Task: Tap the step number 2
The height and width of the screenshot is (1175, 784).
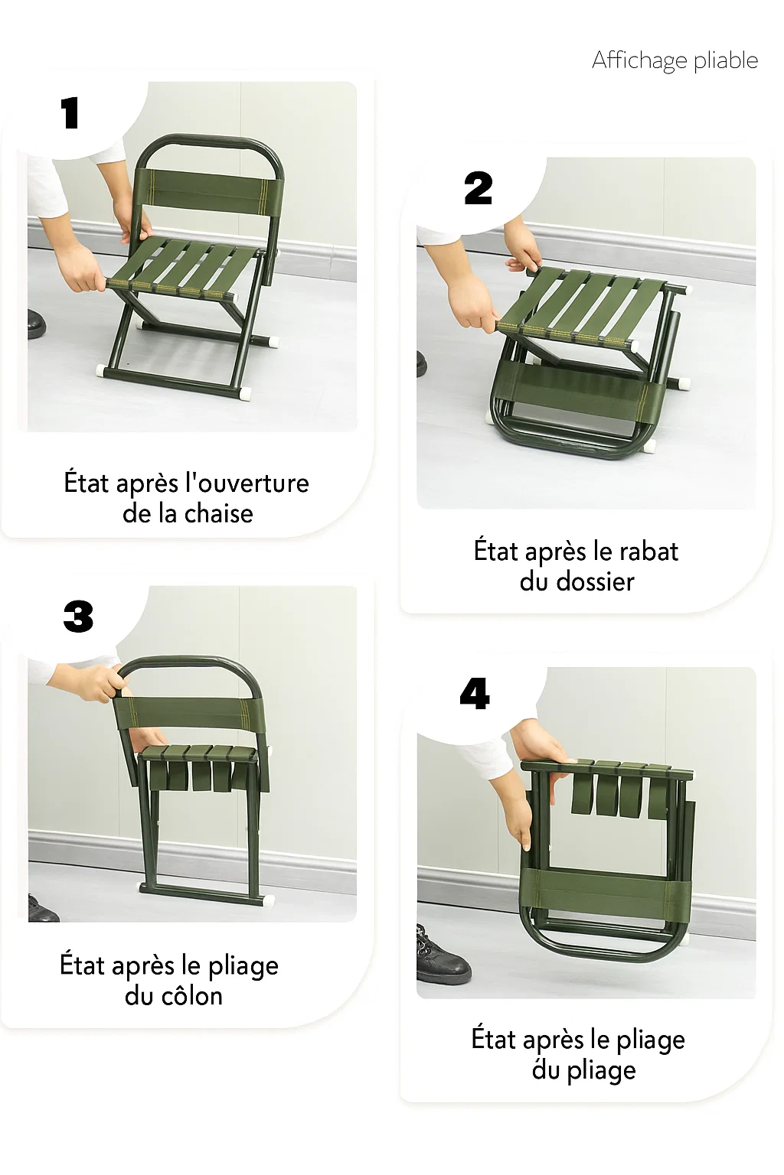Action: pyautogui.click(x=479, y=188)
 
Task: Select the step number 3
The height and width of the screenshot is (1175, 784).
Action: pyautogui.click(x=78, y=617)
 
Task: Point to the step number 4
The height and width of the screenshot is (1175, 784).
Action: pyautogui.click(x=475, y=695)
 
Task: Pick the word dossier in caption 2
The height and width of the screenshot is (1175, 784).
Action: pyautogui.click(x=595, y=582)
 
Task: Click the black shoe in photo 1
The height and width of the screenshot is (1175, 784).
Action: pyautogui.click(x=35, y=324)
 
